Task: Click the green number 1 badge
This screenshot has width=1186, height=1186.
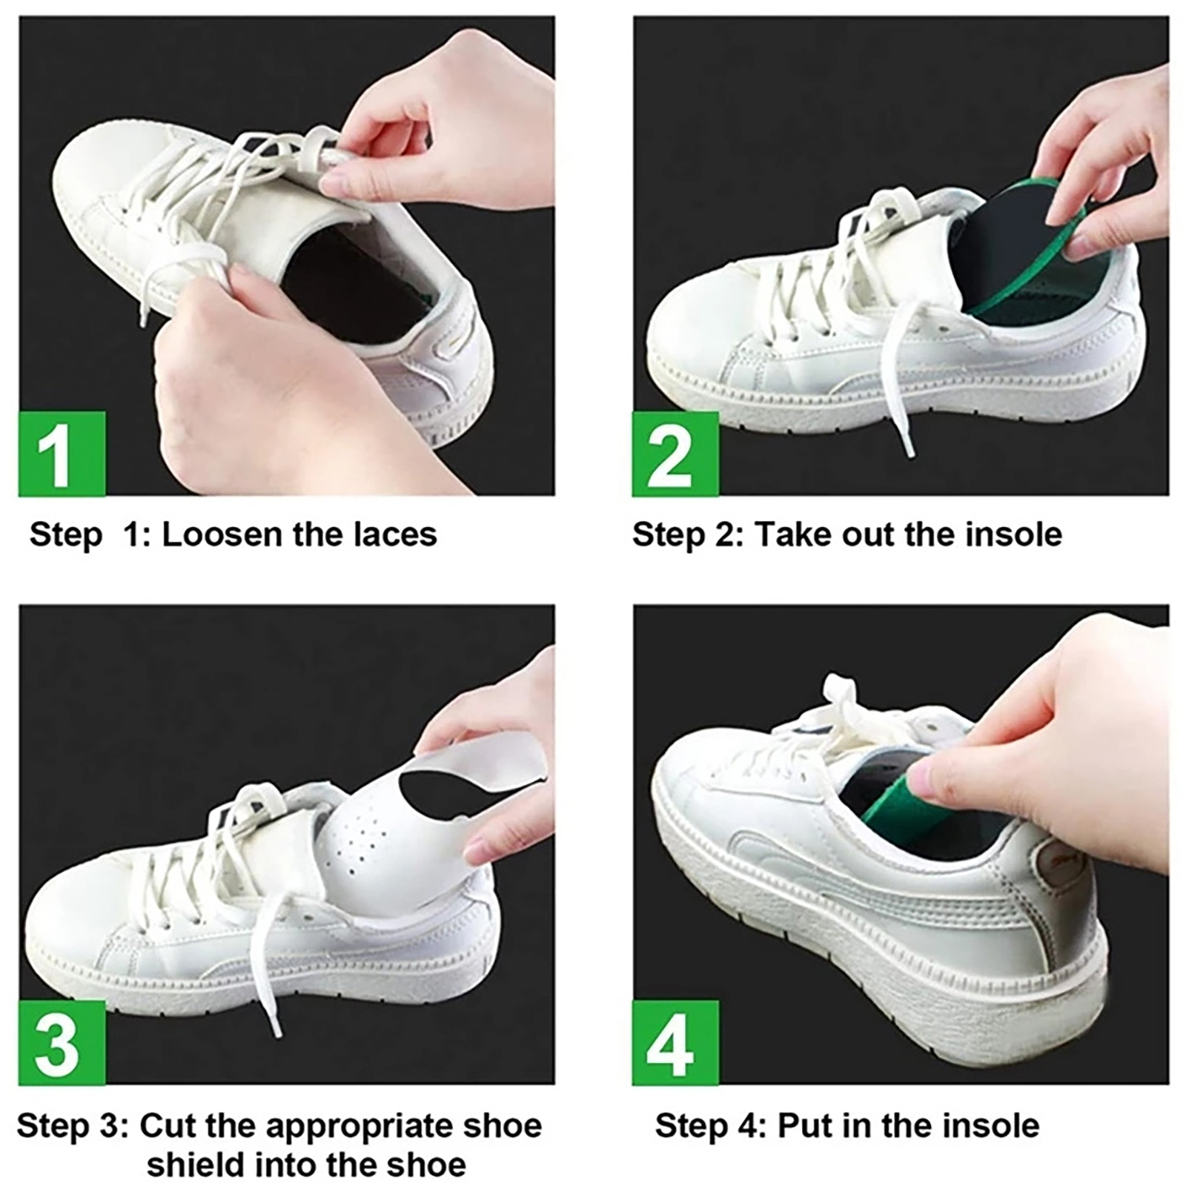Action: (62, 454)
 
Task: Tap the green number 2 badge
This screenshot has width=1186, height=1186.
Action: (675, 454)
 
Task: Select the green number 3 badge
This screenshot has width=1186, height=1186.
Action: (62, 1043)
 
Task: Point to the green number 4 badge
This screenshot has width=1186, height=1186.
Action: (675, 1043)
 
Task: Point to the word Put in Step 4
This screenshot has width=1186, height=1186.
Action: (803, 1126)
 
